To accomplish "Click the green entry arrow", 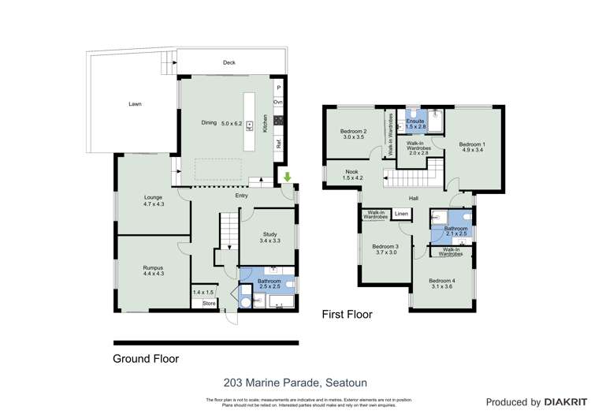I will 288,177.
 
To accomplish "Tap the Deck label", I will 229,62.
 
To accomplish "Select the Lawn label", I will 136,104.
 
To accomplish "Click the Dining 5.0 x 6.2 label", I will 219,123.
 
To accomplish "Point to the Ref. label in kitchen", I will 278,144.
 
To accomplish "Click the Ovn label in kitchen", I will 278,103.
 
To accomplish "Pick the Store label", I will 209,303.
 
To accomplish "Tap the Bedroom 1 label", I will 473,147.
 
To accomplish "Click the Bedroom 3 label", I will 385,249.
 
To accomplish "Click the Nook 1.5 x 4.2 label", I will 352,174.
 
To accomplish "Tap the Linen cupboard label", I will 402,214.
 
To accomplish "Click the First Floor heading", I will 347,314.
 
